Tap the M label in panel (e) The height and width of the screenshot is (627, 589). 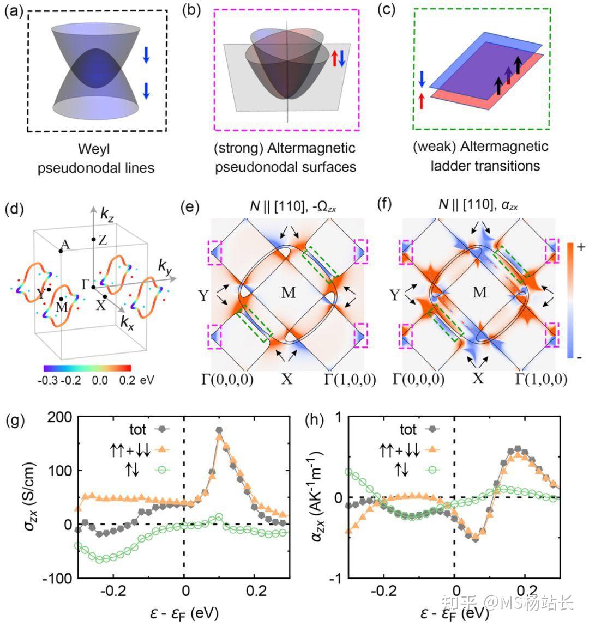pyautogui.click(x=289, y=293)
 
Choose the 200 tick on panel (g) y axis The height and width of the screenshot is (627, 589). pyautogui.click(x=58, y=418)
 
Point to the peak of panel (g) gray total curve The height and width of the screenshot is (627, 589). pyautogui.click(x=219, y=430)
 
